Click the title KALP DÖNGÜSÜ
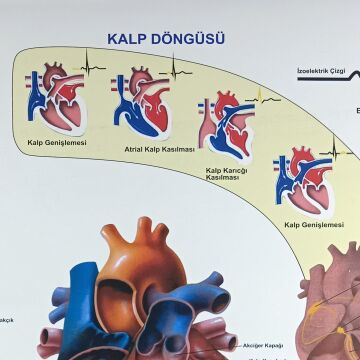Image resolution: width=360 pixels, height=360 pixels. click(x=166, y=39)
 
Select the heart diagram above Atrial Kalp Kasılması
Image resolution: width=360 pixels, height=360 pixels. click(x=140, y=101)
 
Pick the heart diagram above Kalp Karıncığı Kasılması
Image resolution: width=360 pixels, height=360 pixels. click(x=227, y=127)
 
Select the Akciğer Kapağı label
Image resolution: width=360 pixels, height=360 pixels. click(x=263, y=345)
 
